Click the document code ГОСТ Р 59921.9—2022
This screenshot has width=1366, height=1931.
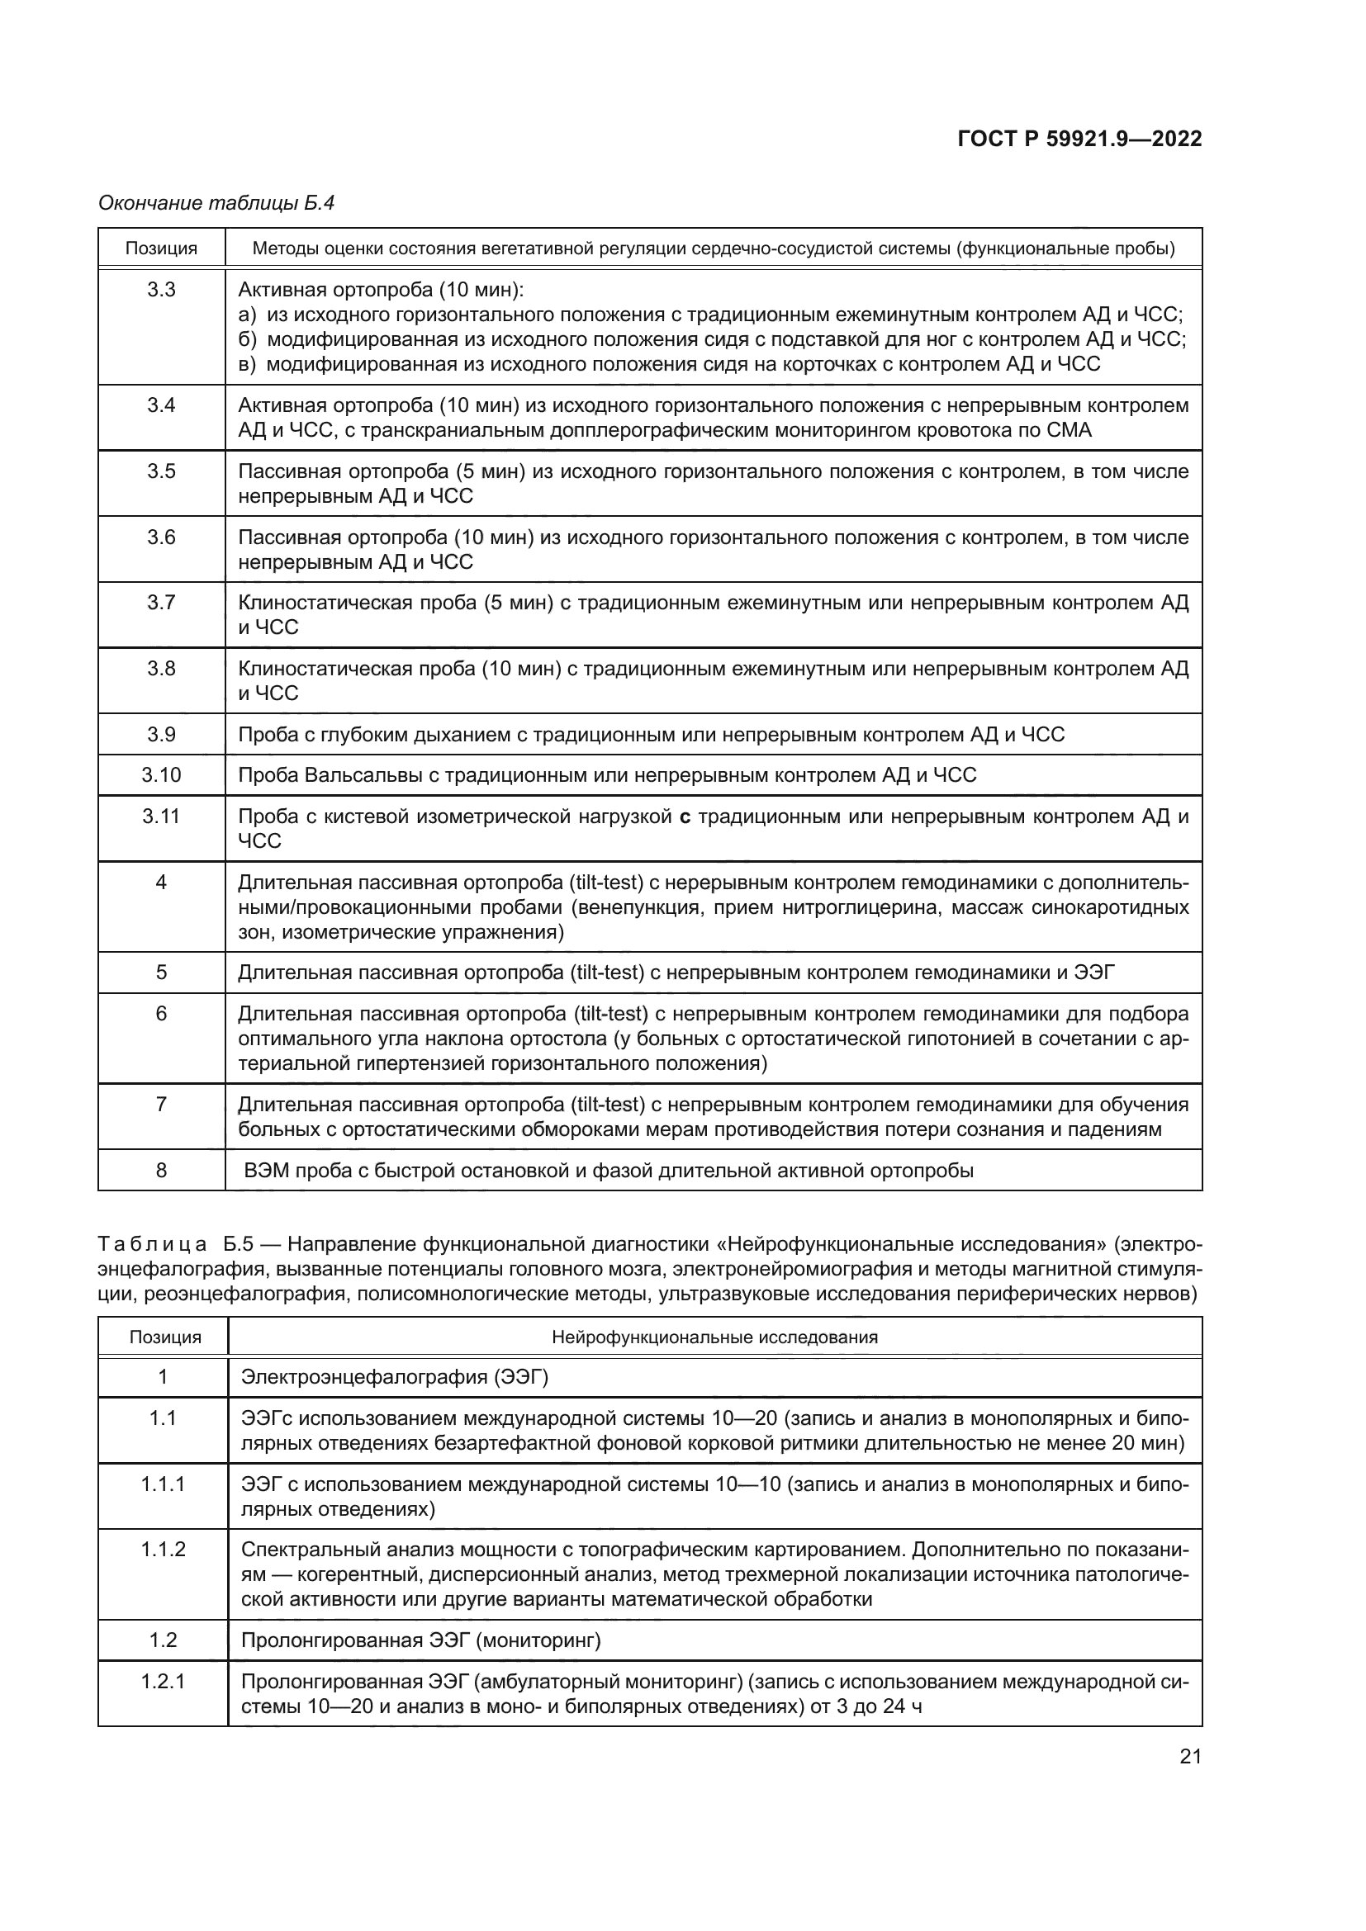click(1079, 140)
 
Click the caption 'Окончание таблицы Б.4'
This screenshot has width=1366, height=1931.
click(216, 203)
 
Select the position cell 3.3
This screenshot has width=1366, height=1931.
click(162, 290)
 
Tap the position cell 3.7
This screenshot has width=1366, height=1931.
click(162, 603)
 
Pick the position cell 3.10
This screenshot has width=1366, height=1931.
click(162, 775)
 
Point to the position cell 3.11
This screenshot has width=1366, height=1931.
click(162, 816)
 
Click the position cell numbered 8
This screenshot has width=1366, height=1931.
click(162, 1171)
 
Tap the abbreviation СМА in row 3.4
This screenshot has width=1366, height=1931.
click(1069, 431)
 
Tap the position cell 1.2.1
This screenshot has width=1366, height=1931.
click(164, 1682)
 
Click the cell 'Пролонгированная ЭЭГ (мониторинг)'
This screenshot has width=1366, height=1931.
click(420, 1641)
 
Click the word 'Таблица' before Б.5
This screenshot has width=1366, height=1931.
click(152, 1245)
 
